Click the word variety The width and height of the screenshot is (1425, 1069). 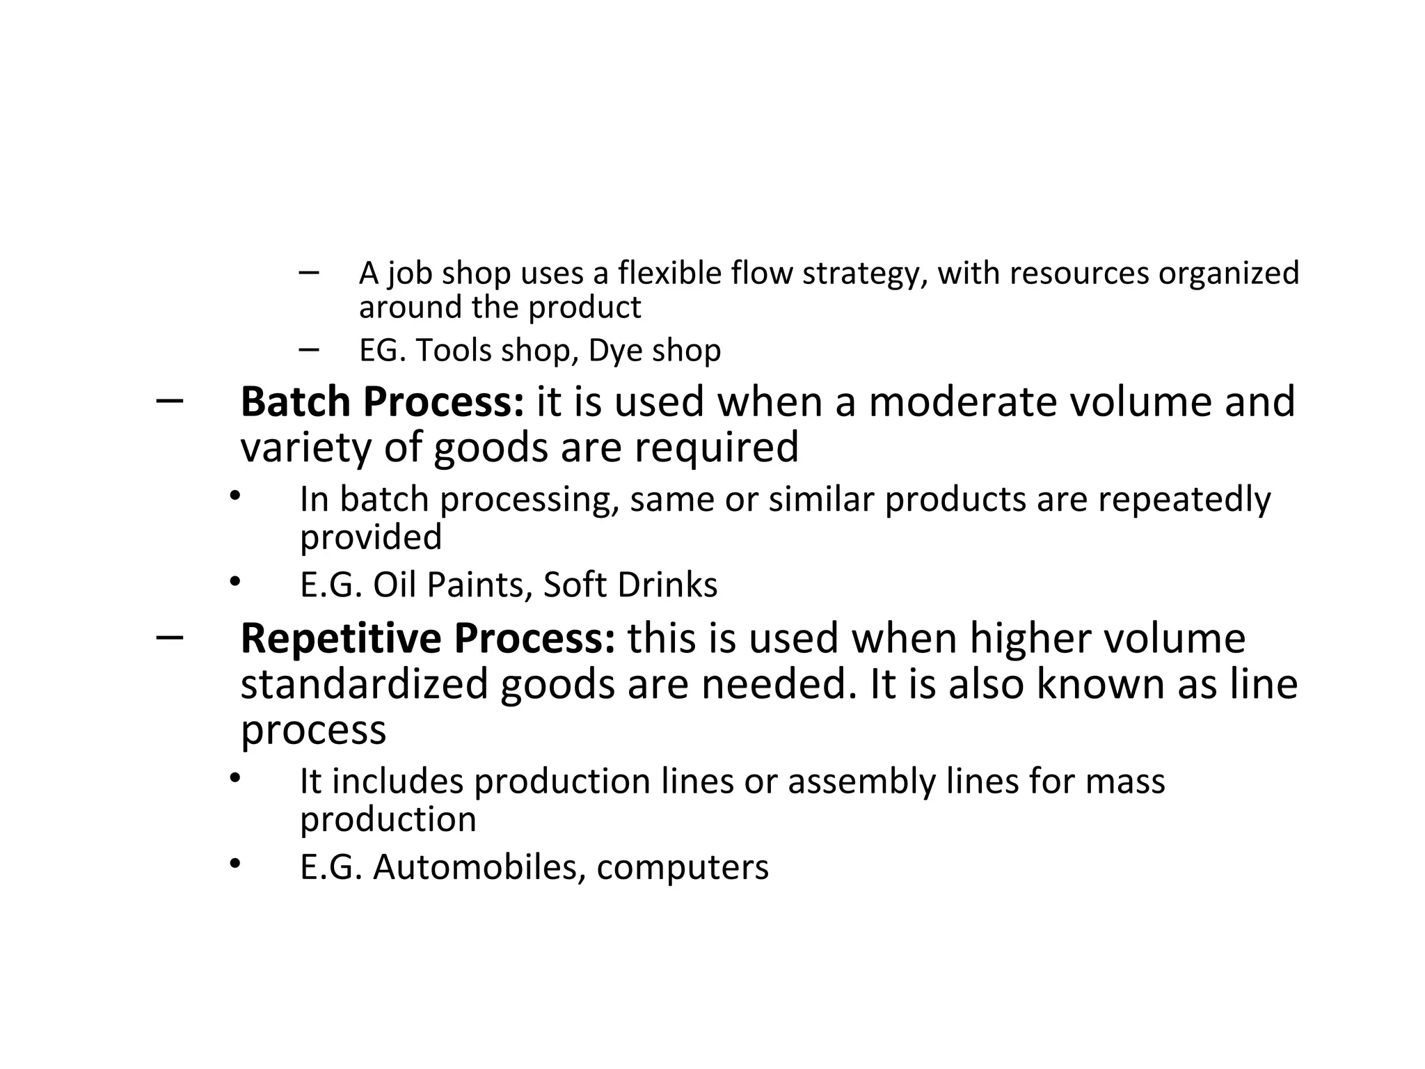coord(306,448)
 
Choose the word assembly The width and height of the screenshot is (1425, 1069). coord(861,782)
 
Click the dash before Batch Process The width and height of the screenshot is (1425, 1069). coord(170,401)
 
